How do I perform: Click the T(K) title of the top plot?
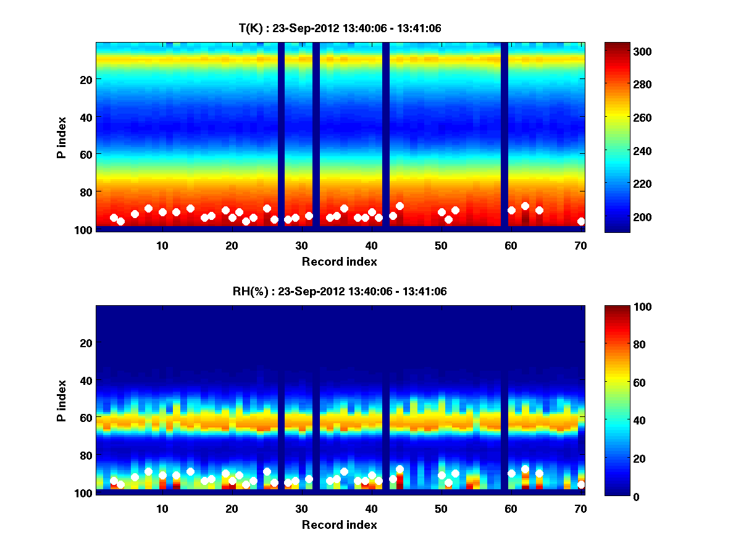[x=340, y=28]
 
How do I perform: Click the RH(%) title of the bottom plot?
[x=340, y=292]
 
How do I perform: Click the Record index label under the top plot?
[x=340, y=261]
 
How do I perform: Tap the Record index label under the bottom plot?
[x=340, y=524]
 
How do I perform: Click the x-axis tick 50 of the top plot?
[x=441, y=245]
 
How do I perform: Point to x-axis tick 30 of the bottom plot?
[x=301, y=508]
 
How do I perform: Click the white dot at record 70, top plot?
[x=581, y=221]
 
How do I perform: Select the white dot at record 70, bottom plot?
[x=581, y=484]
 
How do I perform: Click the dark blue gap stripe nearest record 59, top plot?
[x=504, y=135]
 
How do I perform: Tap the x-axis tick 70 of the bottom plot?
[x=580, y=508]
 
